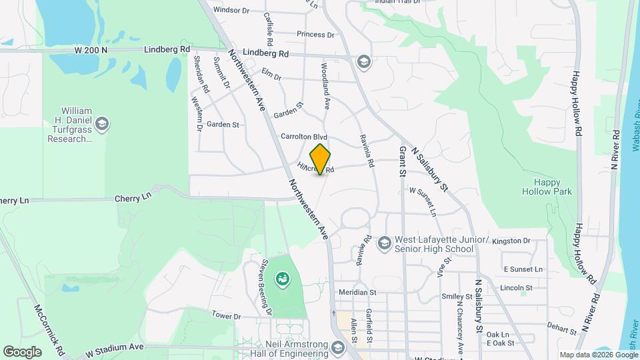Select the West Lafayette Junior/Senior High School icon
pyautogui.click(x=384, y=244)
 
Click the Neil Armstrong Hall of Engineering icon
pyautogui.click(x=338, y=348)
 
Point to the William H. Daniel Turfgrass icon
pyautogui.click(x=101, y=123)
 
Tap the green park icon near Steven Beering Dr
pyautogui.click(x=283, y=278)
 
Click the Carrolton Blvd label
pyautogui.click(x=304, y=136)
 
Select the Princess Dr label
pyautogui.click(x=315, y=35)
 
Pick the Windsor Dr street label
pyautogui.click(x=231, y=10)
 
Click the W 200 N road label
pyautogui.click(x=91, y=50)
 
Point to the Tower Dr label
pyautogui.click(x=225, y=315)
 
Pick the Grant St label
pyautogui.click(x=403, y=162)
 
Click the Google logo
pyautogui.click(x=22, y=351)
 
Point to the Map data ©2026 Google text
pyautogui.click(x=598, y=355)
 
